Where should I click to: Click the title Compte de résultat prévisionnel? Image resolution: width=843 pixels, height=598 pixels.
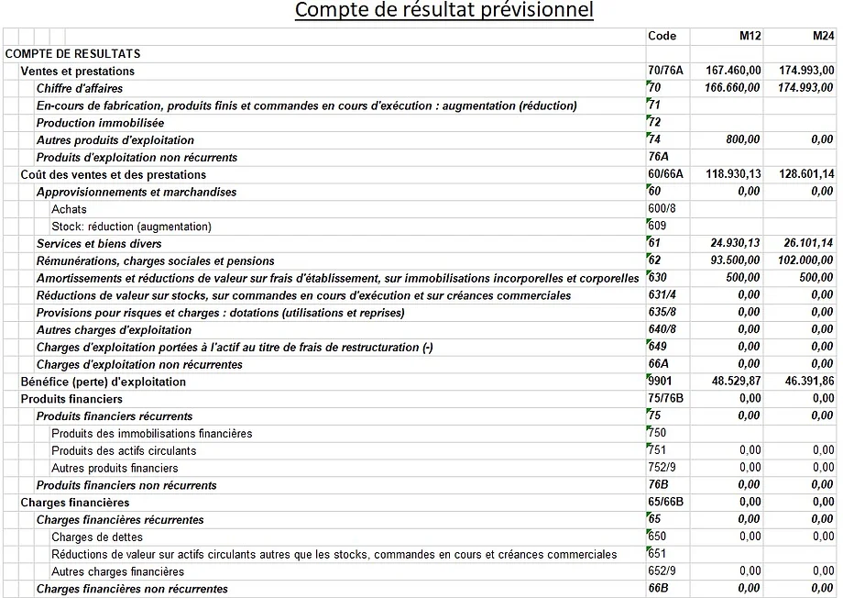pos(443,11)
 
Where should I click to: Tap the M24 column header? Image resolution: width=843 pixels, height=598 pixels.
pos(823,36)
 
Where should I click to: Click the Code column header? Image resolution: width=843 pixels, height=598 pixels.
pos(662,36)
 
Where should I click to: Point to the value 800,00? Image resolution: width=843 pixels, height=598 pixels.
pos(744,140)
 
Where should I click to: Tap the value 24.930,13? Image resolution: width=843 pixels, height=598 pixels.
pos(736,244)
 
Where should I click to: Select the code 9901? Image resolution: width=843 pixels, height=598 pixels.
pos(662,382)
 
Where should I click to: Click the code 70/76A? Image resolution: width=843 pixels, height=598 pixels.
pos(666,71)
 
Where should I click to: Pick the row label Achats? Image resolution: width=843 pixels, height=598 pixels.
pos(69,209)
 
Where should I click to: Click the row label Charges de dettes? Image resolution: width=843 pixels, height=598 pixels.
pos(97,537)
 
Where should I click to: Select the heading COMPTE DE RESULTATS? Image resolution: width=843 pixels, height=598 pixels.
pos(72,53)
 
